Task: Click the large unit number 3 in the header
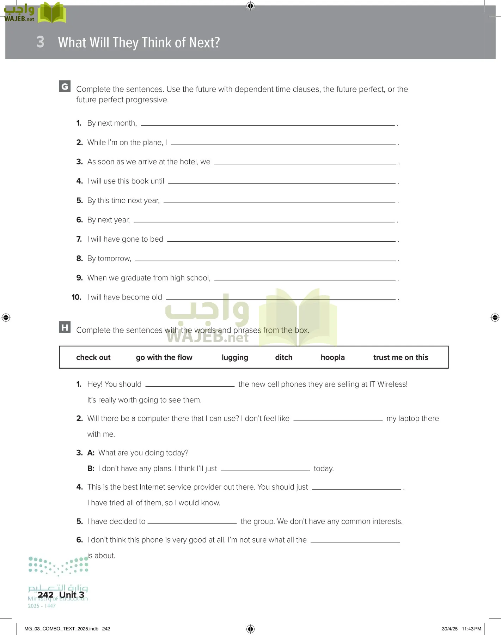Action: (40, 42)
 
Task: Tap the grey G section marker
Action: (65, 86)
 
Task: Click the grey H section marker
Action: (65, 327)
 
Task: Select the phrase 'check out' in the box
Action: (93, 357)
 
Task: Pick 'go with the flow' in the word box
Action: (164, 357)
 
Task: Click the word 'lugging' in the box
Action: (235, 357)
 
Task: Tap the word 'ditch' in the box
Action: (284, 357)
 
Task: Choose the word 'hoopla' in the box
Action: (332, 357)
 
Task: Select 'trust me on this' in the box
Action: (401, 357)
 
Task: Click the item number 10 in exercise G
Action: (76, 297)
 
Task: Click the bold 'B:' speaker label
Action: (91, 468)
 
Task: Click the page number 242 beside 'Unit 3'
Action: (45, 595)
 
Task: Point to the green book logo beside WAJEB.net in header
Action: (52, 13)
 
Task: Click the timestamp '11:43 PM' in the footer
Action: (471, 629)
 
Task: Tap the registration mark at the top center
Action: (250, 6)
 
